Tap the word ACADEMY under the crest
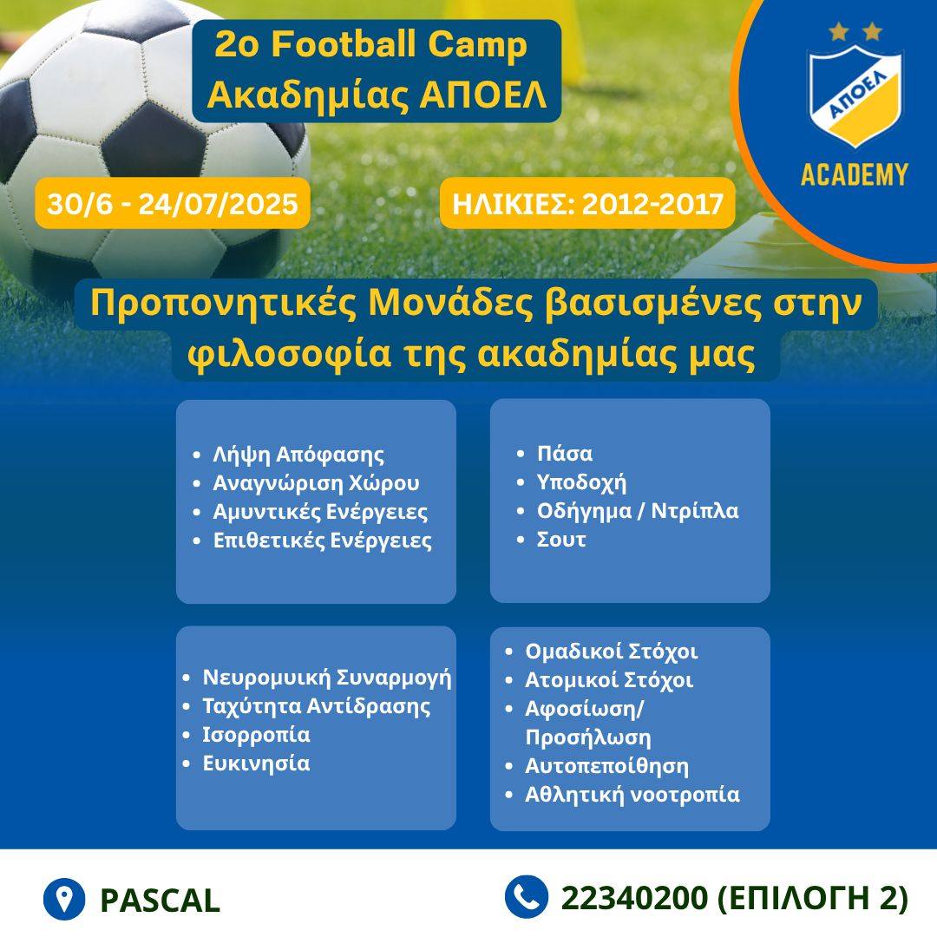[855, 175]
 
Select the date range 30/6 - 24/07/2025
[172, 204]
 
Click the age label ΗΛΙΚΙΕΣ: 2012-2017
[587, 204]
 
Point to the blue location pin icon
[64, 899]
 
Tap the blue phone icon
[527, 897]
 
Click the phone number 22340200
[634, 898]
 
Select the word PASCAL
[161, 900]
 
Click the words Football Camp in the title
[399, 44]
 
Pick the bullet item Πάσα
[565, 454]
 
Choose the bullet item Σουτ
[561, 540]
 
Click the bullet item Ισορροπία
[256, 735]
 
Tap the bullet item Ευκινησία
[256, 763]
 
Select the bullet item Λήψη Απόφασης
[298, 455]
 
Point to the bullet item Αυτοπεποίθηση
[606, 766]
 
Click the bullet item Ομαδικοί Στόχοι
[612, 652]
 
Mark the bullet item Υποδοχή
[581, 482]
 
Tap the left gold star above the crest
[839, 31]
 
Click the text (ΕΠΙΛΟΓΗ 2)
[812, 898]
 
